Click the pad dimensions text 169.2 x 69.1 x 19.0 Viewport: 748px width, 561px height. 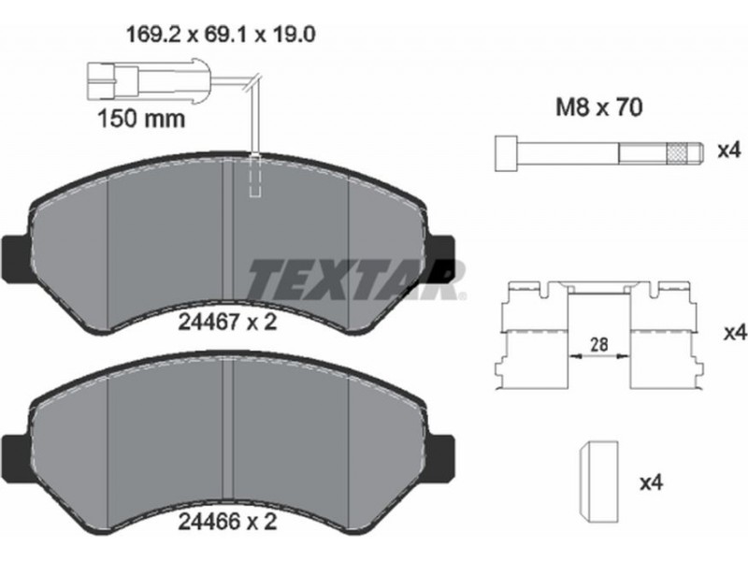pyautogui.click(x=221, y=35)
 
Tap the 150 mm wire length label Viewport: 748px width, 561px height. pyautogui.click(x=141, y=118)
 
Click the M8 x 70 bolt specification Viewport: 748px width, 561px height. pyautogui.click(x=599, y=108)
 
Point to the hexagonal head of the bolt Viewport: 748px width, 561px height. pyautogui.click(x=507, y=152)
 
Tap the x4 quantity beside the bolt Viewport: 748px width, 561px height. pyautogui.click(x=729, y=151)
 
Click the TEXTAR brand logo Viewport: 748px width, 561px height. pyautogui.click(x=355, y=280)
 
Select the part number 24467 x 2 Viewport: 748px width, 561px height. pyautogui.click(x=227, y=323)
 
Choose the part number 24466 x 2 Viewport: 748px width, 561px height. pyautogui.click(x=227, y=521)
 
